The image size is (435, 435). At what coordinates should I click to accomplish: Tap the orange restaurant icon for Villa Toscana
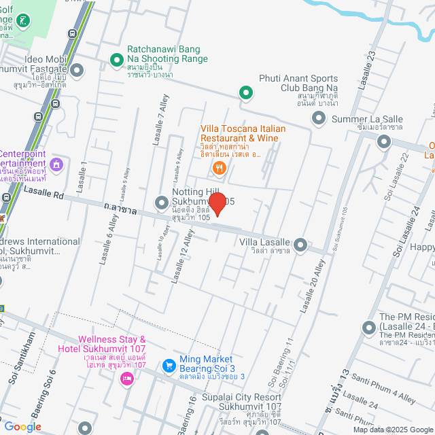click(x=219, y=168)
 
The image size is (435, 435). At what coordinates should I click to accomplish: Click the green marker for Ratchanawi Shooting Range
click(x=116, y=59)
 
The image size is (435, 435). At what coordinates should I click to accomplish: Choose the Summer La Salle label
click(x=367, y=120)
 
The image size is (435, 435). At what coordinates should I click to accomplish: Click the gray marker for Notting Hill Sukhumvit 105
click(x=162, y=203)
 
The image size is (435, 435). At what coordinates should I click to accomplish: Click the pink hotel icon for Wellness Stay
click(x=126, y=379)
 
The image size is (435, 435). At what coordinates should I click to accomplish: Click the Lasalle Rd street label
click(x=43, y=194)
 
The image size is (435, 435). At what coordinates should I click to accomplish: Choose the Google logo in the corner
click(x=22, y=426)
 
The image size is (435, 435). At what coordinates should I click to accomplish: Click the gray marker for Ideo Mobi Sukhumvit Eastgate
click(x=77, y=70)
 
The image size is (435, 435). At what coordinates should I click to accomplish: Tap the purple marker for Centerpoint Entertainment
click(x=56, y=164)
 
